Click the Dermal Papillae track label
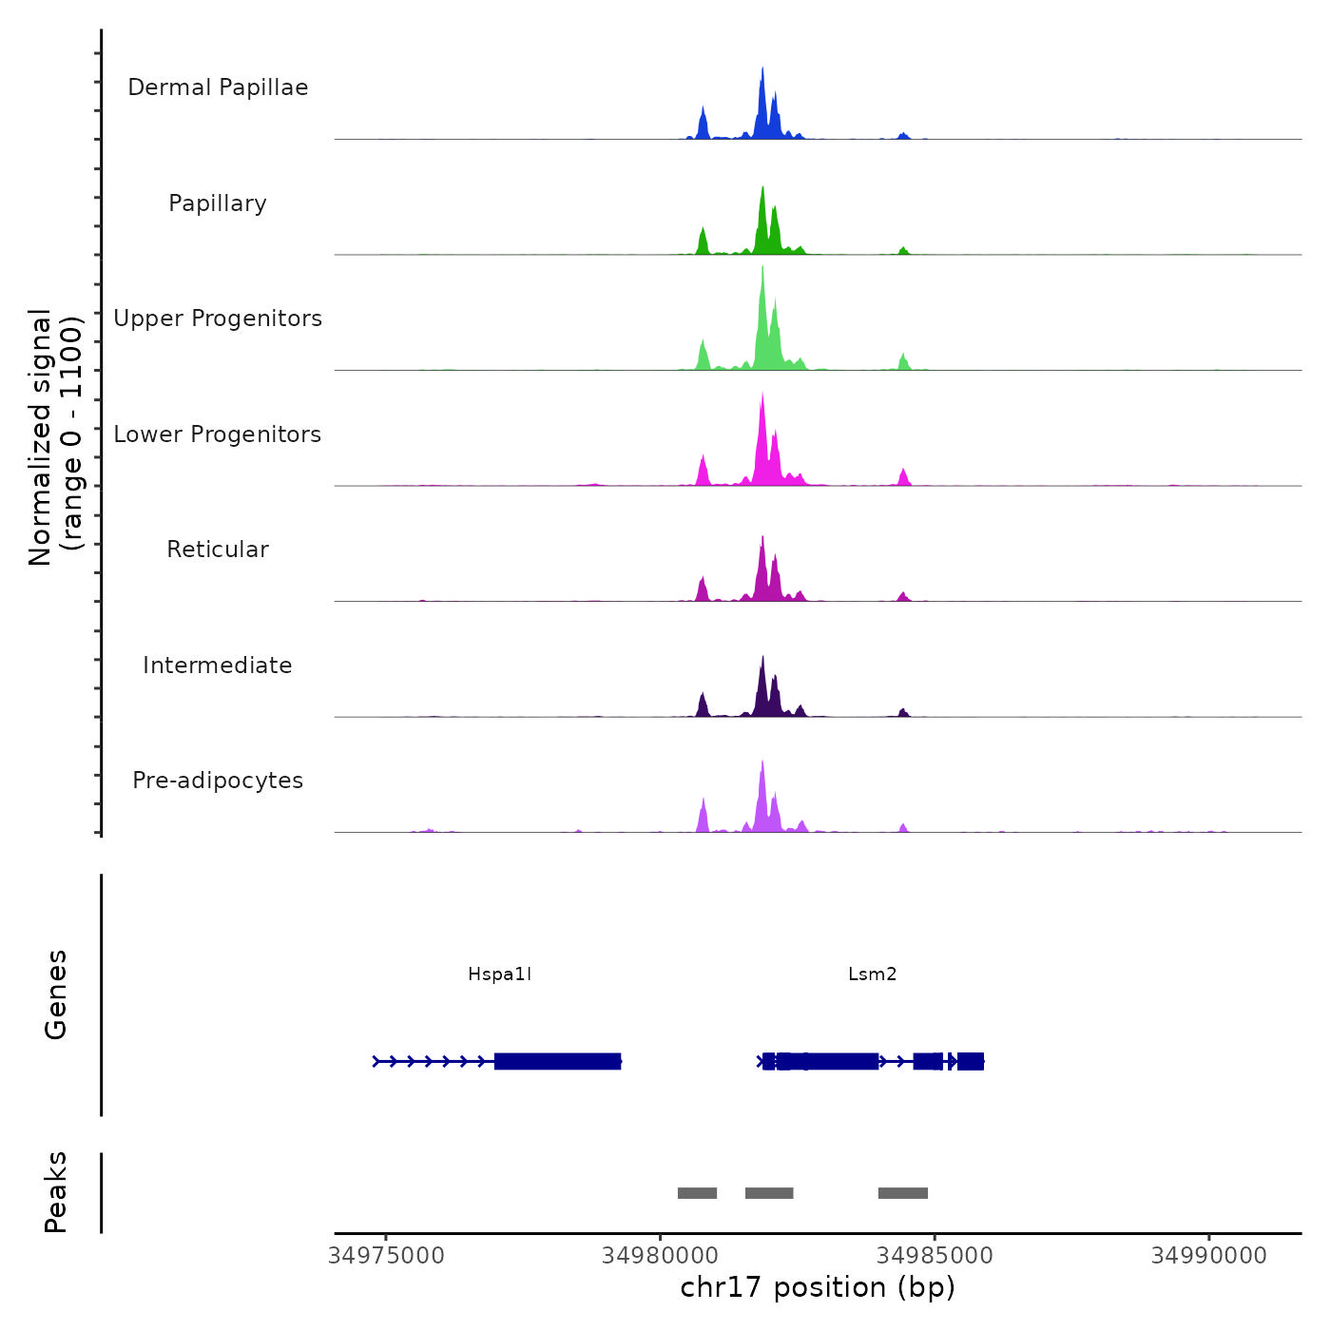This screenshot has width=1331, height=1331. (218, 87)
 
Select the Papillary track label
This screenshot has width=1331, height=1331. (218, 203)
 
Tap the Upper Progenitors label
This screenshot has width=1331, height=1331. (218, 318)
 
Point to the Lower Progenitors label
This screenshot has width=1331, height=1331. (218, 434)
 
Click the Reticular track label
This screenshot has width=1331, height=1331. (218, 550)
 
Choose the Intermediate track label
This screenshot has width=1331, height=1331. (218, 665)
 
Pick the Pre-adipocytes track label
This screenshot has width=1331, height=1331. (218, 781)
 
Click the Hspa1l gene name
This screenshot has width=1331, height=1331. (499, 974)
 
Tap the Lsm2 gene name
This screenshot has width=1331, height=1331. (872, 974)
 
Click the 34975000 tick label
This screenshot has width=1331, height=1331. (386, 1256)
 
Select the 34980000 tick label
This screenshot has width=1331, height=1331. (660, 1256)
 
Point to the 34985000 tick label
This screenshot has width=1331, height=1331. (935, 1256)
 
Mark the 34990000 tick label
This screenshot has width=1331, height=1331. (1208, 1256)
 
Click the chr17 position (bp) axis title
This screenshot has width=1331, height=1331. (818, 1287)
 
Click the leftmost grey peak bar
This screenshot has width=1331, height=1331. (697, 1193)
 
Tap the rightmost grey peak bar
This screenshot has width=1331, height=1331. (902, 1193)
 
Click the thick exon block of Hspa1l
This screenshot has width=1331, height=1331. (557, 1061)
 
